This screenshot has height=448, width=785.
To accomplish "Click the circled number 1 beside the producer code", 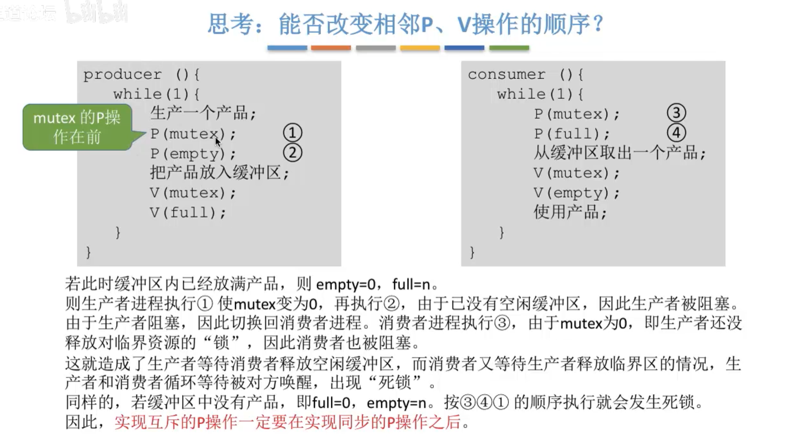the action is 293,133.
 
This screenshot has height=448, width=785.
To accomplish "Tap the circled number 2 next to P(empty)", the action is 293,153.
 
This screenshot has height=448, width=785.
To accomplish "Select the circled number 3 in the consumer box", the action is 677,113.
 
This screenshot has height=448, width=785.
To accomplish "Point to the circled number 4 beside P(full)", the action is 677,133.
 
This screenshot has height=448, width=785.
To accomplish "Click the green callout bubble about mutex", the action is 77,127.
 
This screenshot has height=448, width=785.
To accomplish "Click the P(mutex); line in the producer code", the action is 193,134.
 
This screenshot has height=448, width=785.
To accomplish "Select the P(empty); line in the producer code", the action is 193,154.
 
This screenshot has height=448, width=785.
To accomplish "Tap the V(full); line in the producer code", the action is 188,213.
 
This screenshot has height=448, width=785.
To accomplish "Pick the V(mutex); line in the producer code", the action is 193,193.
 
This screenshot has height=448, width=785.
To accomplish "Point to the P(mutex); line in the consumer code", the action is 577,114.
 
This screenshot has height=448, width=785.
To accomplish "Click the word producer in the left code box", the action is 123,75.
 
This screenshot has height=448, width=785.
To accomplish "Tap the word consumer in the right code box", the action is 506,75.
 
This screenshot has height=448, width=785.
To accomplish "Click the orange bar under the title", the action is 331,48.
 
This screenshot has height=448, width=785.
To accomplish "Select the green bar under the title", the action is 509,48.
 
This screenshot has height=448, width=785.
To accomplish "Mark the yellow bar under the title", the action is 420,48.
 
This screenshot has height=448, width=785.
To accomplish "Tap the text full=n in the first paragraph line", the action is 411,284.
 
